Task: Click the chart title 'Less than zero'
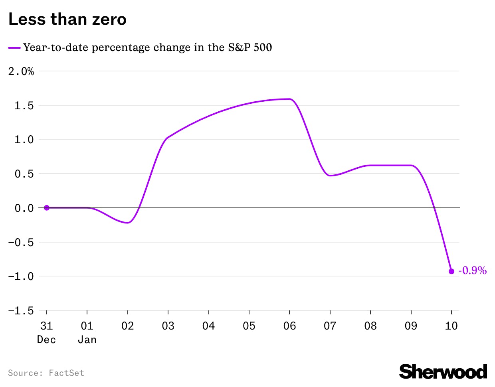pos(67,19)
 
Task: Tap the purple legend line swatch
pos(14,48)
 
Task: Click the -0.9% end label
pos(472,271)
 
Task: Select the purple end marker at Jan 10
pos(451,271)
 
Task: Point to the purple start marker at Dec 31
pos(47,207)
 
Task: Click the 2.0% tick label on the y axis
pos(21,71)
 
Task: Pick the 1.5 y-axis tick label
pos(24,106)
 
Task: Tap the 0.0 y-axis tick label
pos(24,208)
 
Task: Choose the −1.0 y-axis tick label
pos(21,276)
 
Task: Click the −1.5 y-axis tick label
pos(21,311)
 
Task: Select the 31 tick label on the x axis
pos(47,326)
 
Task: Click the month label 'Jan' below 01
pos(87,340)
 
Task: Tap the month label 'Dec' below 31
pos(47,340)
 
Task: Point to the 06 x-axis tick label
pos(289,326)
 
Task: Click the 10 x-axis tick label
pos(451,326)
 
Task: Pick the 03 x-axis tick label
pos(168,326)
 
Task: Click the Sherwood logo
pos(443,372)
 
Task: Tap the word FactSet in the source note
pos(66,373)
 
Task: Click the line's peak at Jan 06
pos(289,99)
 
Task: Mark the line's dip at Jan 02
pos(127,223)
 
